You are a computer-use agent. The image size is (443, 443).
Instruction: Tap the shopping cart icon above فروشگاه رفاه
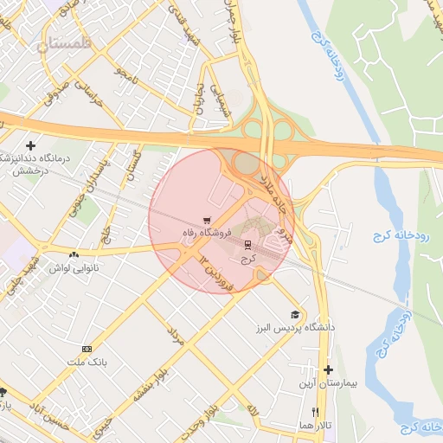[206, 220]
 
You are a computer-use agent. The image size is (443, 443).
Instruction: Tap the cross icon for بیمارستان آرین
[328, 369]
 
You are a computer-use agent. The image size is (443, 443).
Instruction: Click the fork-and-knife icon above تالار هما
[316, 413]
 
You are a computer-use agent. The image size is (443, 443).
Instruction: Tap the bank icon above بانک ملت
[86, 349]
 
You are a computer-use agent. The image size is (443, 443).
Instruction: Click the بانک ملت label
[85, 363]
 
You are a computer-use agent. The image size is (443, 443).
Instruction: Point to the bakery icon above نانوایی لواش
[74, 255]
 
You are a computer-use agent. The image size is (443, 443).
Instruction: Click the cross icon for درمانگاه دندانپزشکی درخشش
[32, 145]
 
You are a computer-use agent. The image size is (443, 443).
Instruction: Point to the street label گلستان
[133, 163]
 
